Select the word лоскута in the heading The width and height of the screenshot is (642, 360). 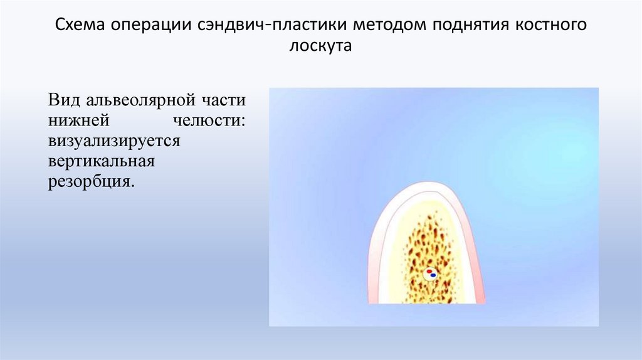tap(320, 46)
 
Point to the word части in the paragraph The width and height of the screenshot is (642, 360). tap(224, 100)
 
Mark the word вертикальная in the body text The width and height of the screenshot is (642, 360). tap(101, 162)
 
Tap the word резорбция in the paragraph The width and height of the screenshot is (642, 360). tap(90, 183)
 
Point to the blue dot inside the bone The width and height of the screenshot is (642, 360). tap(433, 275)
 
